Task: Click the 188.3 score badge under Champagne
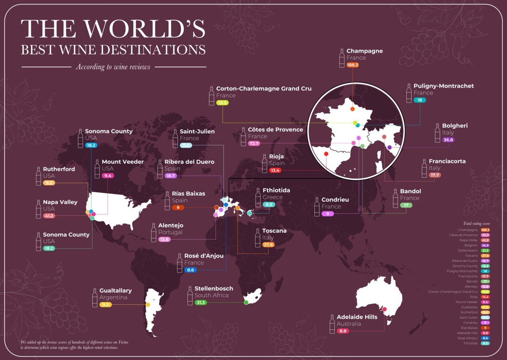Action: [352, 65]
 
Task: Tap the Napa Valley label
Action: [60, 202]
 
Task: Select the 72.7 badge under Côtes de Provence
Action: [254, 143]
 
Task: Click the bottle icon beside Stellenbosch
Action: [190, 296]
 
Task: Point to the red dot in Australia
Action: [384, 309]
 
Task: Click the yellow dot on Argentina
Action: [148, 305]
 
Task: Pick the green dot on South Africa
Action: [246, 302]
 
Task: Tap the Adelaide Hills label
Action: [357, 317]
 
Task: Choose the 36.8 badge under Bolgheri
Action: [448, 140]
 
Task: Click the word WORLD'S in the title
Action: [144, 29]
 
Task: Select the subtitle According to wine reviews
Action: [113, 67]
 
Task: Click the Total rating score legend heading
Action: [476, 224]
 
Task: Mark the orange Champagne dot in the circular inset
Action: [352, 109]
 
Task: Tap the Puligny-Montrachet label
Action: [443, 86]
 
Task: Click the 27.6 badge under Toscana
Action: [268, 245]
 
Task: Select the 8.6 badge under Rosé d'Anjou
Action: [190, 270]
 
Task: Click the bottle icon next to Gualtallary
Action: [95, 298]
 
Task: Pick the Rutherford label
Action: [59, 169]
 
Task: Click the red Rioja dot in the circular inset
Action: [326, 154]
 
